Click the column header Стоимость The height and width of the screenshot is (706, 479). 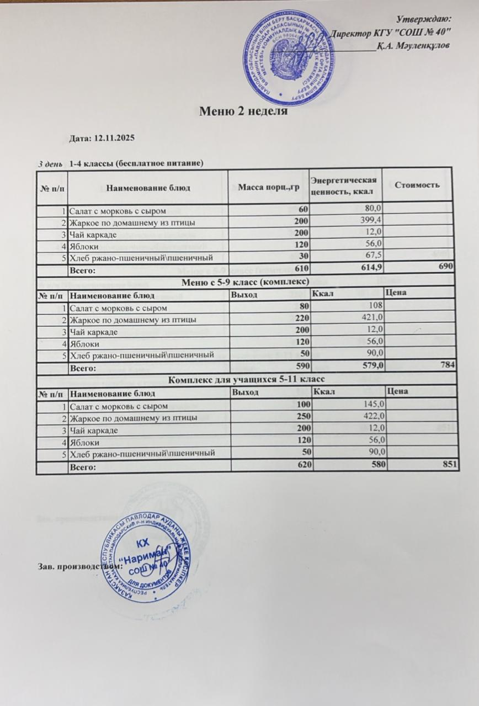tap(417, 185)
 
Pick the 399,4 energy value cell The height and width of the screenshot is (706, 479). tap(369, 222)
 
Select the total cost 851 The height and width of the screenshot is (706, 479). tap(450, 466)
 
